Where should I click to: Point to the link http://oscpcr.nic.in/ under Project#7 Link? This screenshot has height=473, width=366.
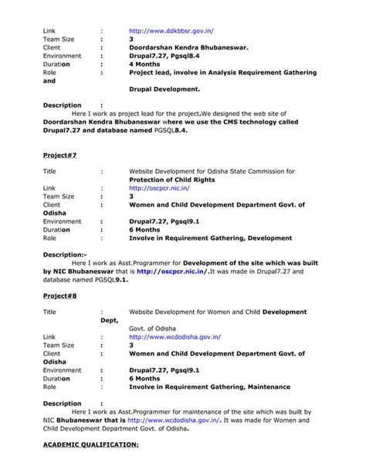coord(160,188)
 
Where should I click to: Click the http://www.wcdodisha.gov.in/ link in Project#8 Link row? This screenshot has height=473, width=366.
coord(175,336)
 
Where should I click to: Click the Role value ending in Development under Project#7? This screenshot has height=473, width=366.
coord(210,238)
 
